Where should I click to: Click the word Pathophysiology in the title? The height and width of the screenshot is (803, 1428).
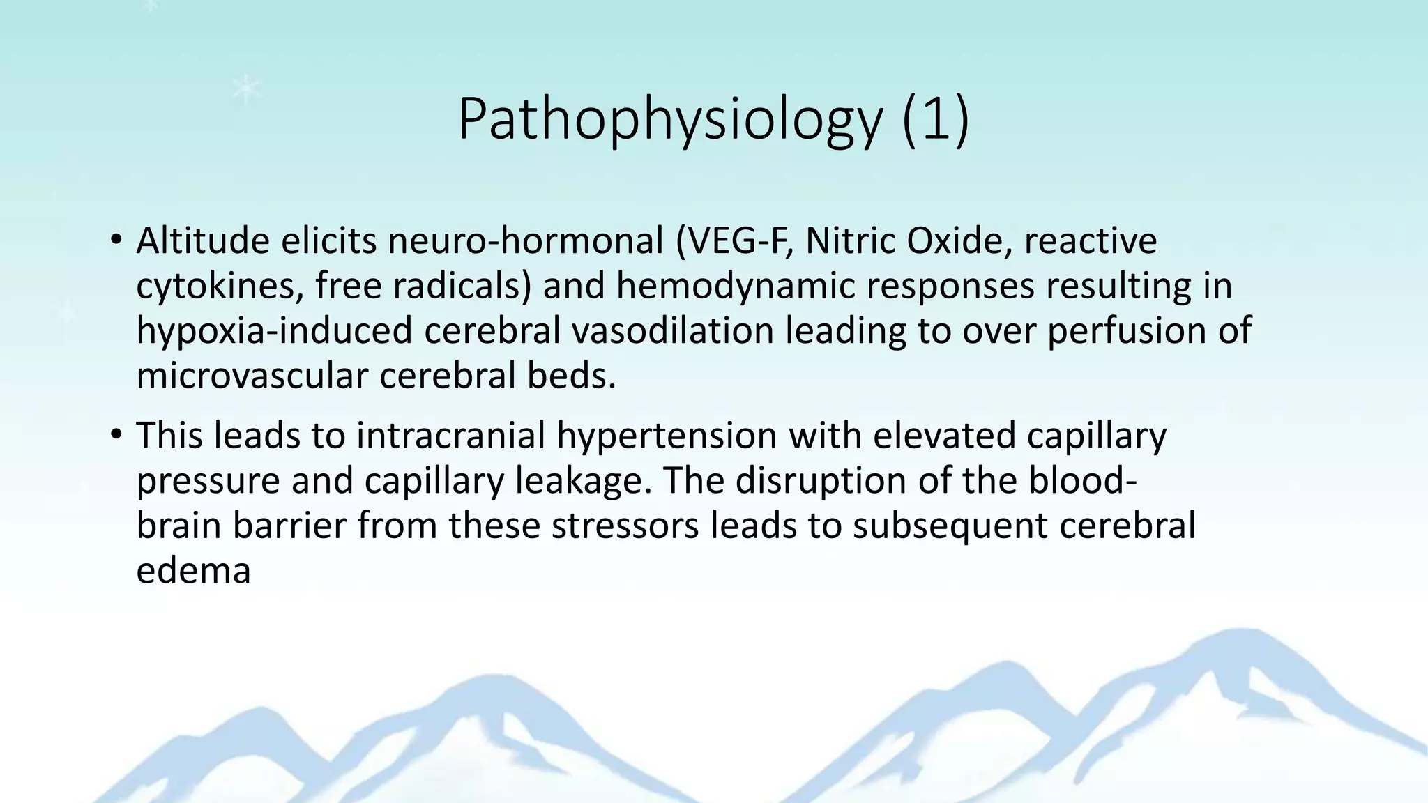click(x=669, y=120)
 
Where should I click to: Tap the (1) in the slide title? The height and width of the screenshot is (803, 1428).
click(x=935, y=120)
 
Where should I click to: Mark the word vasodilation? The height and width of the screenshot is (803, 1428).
click(x=672, y=331)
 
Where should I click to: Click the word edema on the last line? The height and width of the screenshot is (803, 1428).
click(x=193, y=572)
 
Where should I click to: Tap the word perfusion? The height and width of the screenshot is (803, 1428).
click(x=1126, y=331)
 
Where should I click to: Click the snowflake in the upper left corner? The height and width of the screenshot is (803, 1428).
click(x=245, y=89)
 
